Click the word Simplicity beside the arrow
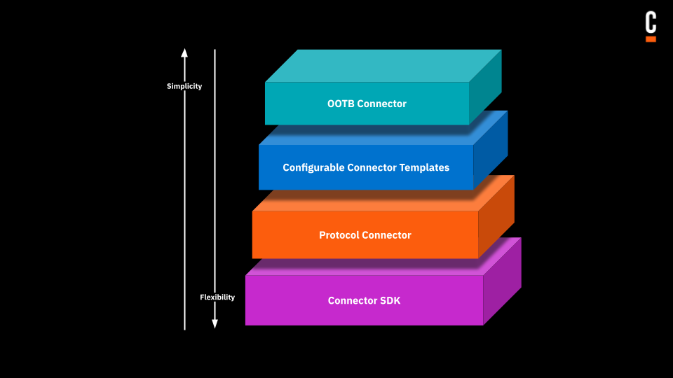(184, 86)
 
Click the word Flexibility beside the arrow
(217, 297)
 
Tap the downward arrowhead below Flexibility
(215, 323)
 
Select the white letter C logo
(651, 22)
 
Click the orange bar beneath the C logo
(651, 39)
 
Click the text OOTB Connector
(367, 104)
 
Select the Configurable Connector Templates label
(366, 167)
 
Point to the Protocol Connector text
(365, 234)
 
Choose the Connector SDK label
(364, 300)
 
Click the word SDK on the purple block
(389, 300)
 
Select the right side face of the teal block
(485, 87)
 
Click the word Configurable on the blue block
(313, 167)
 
